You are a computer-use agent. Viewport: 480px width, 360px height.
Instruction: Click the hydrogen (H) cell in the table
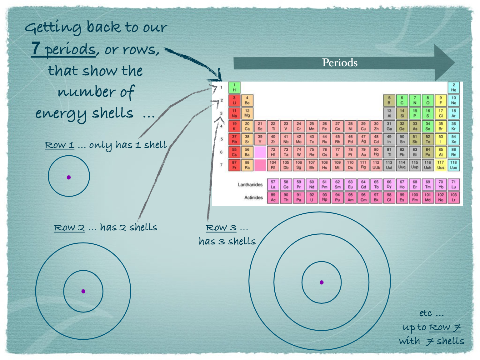pyautogui.click(x=234, y=87)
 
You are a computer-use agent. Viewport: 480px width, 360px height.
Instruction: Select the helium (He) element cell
pyautogui.click(x=453, y=87)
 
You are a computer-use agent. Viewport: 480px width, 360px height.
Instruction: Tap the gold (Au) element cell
pyautogui.click(x=363, y=152)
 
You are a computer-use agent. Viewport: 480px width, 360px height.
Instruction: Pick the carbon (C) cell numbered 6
pyautogui.click(x=402, y=100)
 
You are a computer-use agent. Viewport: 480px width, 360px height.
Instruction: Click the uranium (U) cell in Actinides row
pyautogui.click(x=312, y=197)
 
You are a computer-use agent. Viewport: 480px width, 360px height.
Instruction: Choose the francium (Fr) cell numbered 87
pyautogui.click(x=234, y=165)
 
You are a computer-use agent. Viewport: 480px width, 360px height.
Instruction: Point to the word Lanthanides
pyautogui.click(x=250, y=185)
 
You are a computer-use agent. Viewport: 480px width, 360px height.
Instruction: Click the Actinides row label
pyautogui.click(x=253, y=197)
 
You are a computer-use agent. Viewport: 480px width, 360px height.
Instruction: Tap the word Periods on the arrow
pyautogui.click(x=340, y=63)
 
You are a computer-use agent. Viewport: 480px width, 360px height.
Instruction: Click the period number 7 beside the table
pyautogui.click(x=221, y=165)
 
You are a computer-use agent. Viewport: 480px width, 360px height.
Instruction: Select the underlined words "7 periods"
pyautogui.click(x=63, y=49)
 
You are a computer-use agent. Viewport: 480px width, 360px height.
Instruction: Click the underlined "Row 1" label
pyautogui.click(x=59, y=145)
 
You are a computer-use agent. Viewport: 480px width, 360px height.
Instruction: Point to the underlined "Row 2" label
pyautogui.click(x=69, y=227)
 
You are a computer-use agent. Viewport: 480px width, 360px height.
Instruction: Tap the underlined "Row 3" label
pyautogui.click(x=221, y=227)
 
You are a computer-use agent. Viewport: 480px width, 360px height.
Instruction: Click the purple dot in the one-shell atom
pyautogui.click(x=69, y=177)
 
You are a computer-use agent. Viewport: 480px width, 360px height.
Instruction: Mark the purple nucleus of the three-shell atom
pyautogui.click(x=322, y=282)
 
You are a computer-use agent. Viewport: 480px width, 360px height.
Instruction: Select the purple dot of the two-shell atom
pyautogui.click(x=83, y=291)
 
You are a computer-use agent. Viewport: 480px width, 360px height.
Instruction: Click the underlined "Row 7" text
pyautogui.click(x=445, y=327)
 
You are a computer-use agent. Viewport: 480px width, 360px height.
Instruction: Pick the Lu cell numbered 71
pyautogui.click(x=453, y=184)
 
